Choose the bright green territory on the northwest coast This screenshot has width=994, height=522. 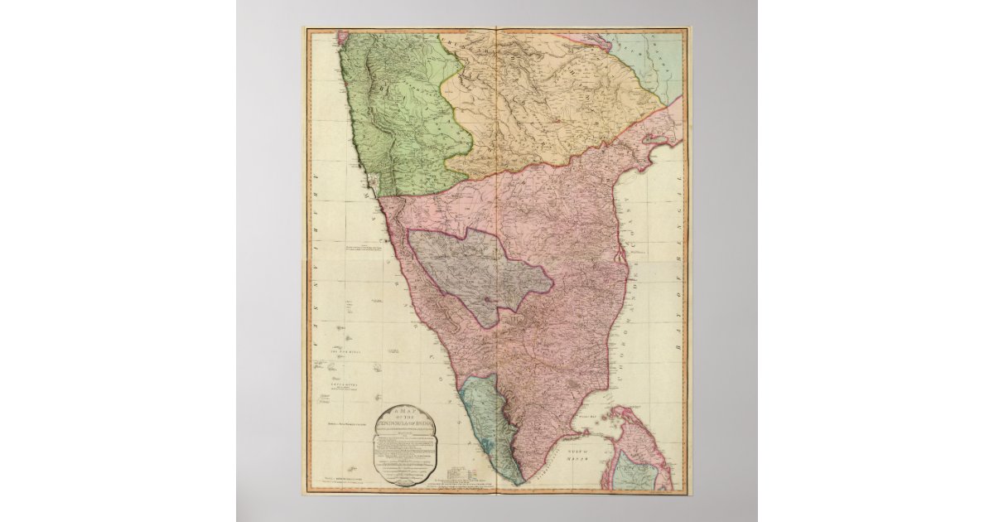pos(398,116)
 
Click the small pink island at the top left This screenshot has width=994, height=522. pos(342,36)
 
